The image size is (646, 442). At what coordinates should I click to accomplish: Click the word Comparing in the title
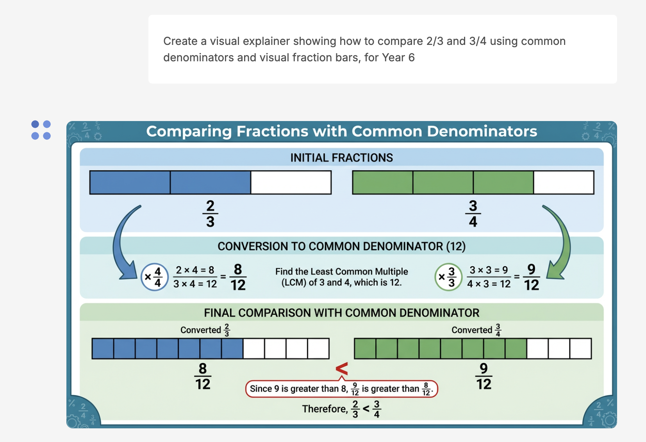[x=189, y=132]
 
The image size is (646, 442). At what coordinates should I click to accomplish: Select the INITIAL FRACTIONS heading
[x=341, y=158]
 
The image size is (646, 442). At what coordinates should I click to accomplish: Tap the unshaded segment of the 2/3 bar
[x=291, y=182]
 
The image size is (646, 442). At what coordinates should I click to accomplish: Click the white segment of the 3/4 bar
[x=564, y=182]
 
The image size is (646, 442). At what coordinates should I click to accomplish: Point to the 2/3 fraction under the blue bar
[x=210, y=214]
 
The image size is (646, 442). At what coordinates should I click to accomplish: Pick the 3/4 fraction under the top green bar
[x=473, y=214]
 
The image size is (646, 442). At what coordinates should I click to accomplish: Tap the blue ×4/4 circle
[x=154, y=277]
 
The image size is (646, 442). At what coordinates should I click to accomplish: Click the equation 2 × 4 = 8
[x=195, y=270]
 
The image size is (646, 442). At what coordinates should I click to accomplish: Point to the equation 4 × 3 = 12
[x=489, y=284]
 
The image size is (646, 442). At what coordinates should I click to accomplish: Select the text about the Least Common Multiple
[x=341, y=277]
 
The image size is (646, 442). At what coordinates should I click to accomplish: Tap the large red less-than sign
[x=342, y=369]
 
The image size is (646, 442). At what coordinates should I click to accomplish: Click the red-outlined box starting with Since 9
[x=341, y=389]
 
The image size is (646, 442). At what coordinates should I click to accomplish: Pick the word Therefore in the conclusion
[x=325, y=409]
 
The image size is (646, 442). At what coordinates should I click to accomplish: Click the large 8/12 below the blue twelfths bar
[x=203, y=376]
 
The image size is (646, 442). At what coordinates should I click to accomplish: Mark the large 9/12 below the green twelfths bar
[x=484, y=376]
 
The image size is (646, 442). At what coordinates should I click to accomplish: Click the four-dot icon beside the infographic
[x=41, y=130]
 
